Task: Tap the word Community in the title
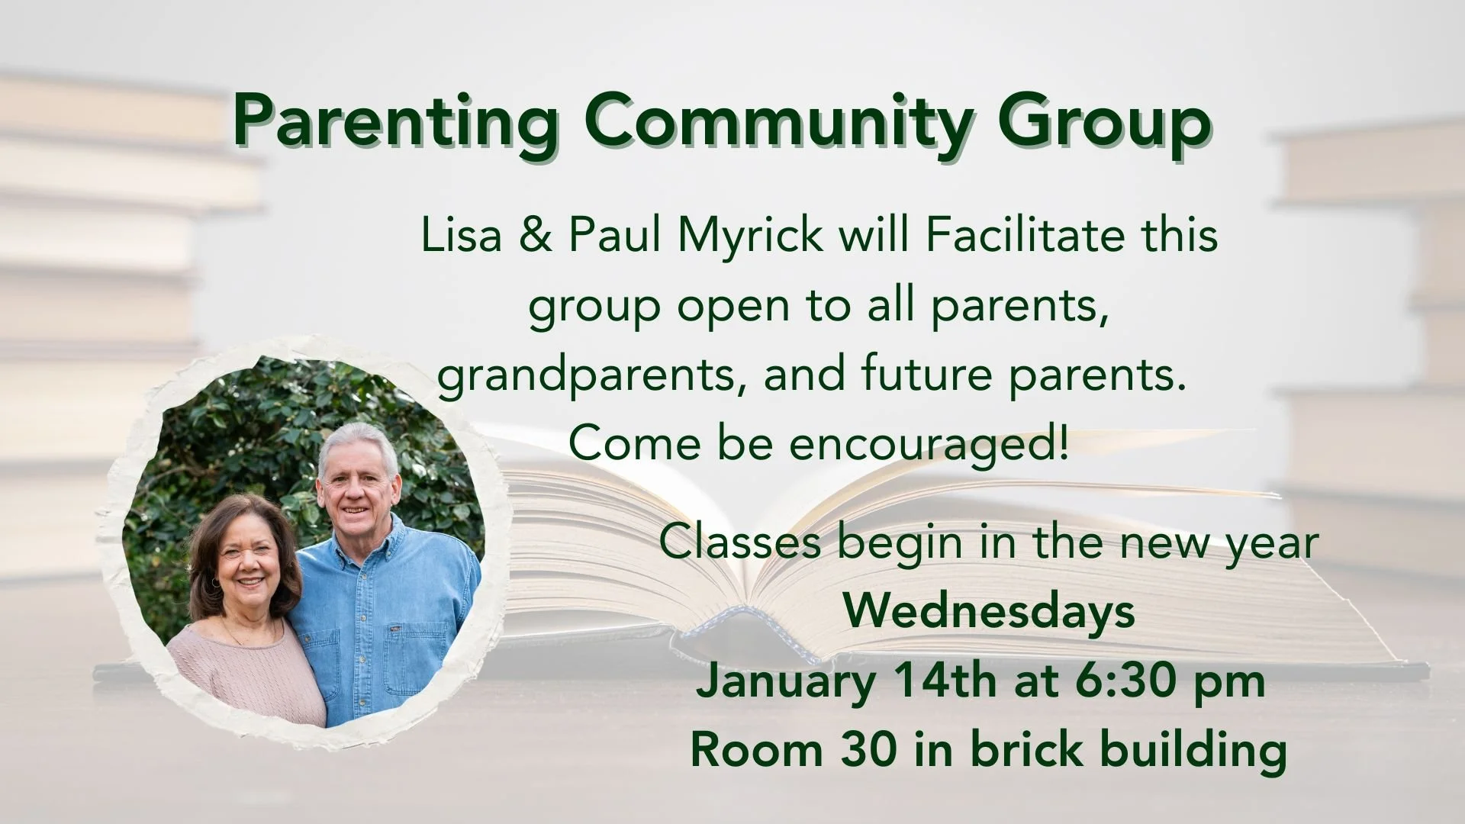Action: [778, 122]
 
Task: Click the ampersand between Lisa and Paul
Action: [536, 235]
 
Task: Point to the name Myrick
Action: [751, 237]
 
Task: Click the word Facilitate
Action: [1025, 235]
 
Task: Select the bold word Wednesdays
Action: [989, 612]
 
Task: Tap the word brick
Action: [1027, 749]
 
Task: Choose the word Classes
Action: [740, 543]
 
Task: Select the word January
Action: [786, 681]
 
